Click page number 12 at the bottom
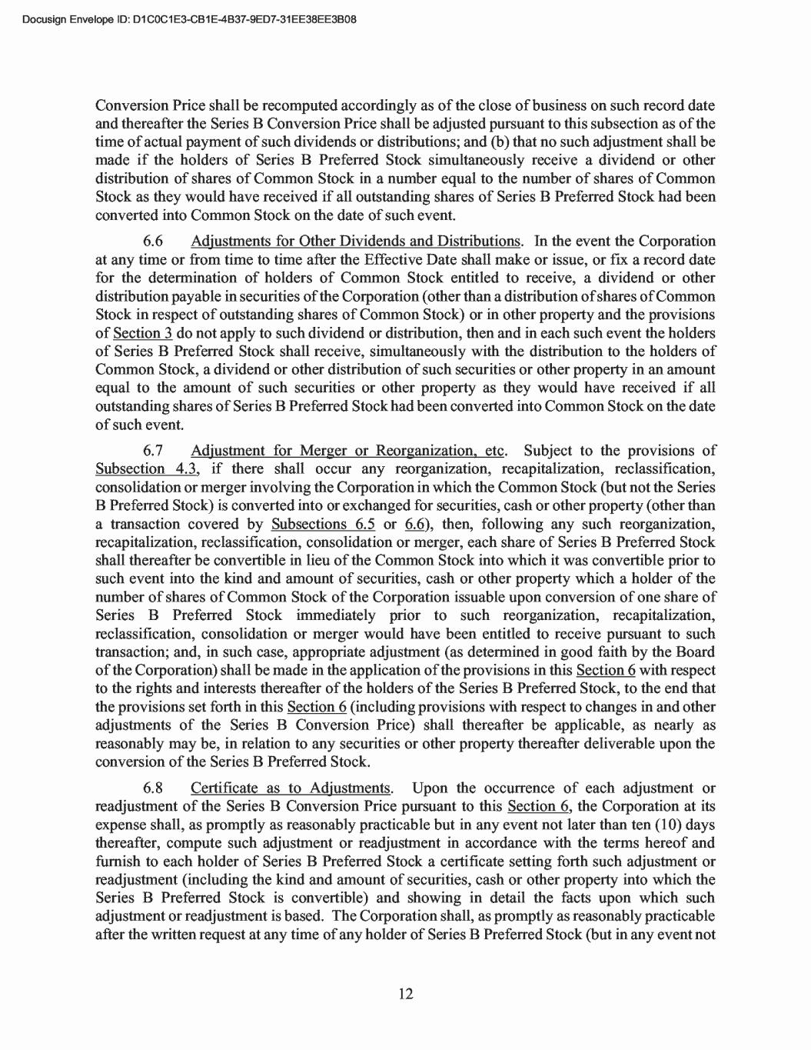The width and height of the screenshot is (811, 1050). (x=406, y=994)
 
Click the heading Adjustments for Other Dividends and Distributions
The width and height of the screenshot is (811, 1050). (x=357, y=242)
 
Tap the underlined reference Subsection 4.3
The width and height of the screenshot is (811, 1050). (x=143, y=469)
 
